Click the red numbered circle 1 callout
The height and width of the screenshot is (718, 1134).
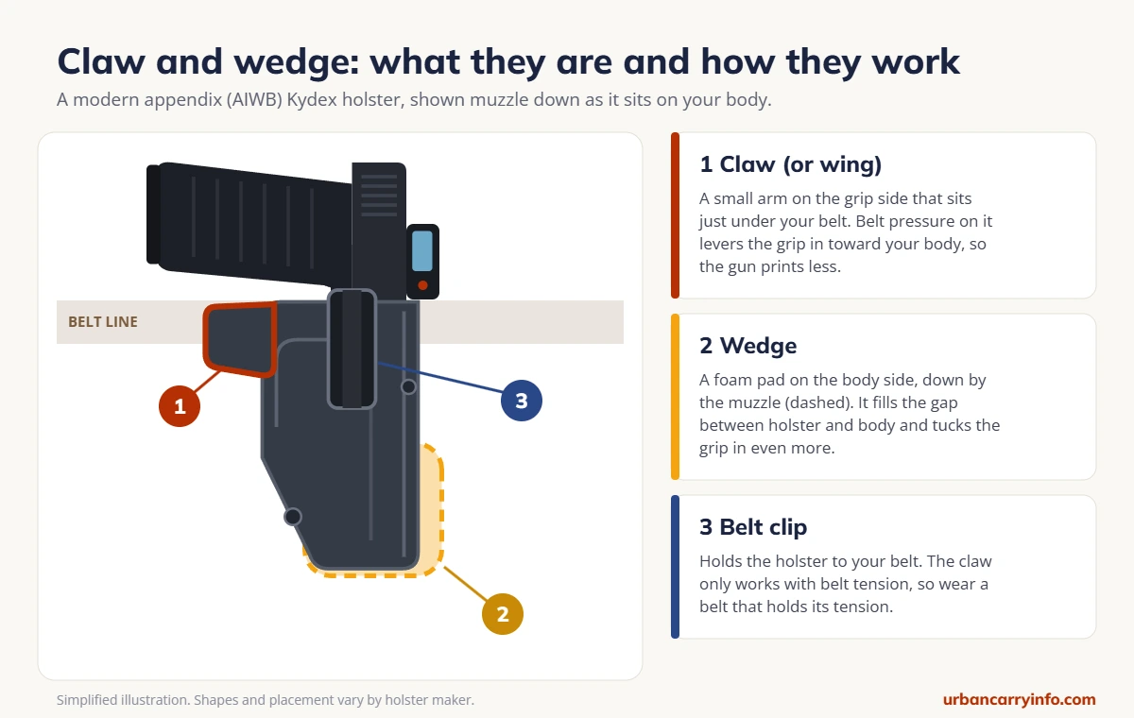click(180, 406)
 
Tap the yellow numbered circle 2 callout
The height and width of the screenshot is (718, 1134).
click(502, 614)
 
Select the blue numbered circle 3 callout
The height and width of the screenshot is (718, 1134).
click(522, 401)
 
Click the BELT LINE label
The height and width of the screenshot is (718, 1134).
click(103, 322)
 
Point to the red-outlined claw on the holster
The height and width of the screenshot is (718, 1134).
click(239, 339)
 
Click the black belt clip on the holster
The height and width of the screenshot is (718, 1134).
click(352, 349)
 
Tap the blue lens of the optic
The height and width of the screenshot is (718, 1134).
click(422, 251)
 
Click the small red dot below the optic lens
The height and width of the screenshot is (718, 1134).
click(422, 285)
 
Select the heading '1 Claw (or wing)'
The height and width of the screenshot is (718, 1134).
click(790, 164)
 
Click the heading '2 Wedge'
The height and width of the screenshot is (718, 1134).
click(747, 346)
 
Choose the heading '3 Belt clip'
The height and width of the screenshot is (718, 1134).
click(753, 527)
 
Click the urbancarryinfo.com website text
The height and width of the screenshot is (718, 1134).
click(1019, 699)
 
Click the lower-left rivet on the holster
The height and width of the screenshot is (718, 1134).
click(292, 517)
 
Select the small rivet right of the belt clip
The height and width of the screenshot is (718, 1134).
click(408, 387)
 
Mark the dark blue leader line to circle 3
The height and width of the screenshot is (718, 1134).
click(440, 377)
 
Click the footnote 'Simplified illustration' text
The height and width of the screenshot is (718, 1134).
click(123, 700)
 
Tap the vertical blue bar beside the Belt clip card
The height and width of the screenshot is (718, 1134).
click(675, 567)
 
